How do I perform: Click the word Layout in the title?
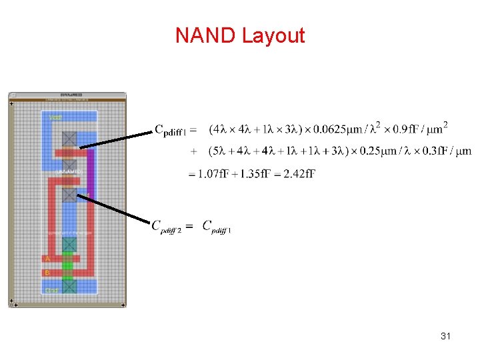tap(273, 35)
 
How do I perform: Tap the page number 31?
tap(446, 337)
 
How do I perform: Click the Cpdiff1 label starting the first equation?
tap(171, 129)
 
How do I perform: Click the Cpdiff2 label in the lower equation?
tap(167, 227)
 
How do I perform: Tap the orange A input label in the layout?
tap(47, 258)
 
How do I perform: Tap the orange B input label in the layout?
tap(47, 273)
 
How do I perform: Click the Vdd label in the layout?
tap(56, 118)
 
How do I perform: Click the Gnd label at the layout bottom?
tap(52, 290)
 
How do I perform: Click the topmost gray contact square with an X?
tap(69, 138)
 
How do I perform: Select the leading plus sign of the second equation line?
tap(193, 151)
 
